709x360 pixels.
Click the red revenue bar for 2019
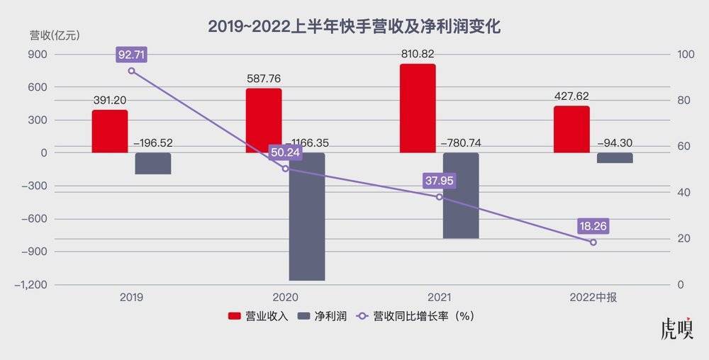pyautogui.click(x=110, y=131)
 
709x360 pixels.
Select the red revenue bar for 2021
pyautogui.click(x=418, y=108)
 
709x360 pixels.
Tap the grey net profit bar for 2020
pyautogui.click(x=307, y=216)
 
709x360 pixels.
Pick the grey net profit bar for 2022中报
pyautogui.click(x=615, y=158)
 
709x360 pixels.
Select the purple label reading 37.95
pyautogui.click(x=439, y=181)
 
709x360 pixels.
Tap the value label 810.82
pyautogui.click(x=418, y=54)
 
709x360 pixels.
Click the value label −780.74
pyautogui.click(x=461, y=143)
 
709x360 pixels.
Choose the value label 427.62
pyautogui.click(x=571, y=96)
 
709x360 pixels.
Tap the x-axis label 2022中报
pyautogui.click(x=593, y=298)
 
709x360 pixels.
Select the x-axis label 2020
pyautogui.click(x=286, y=298)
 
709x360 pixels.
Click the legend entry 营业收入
pyautogui.click(x=257, y=316)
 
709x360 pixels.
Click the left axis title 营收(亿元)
pyautogui.click(x=55, y=35)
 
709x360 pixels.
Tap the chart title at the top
pyautogui.click(x=354, y=27)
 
